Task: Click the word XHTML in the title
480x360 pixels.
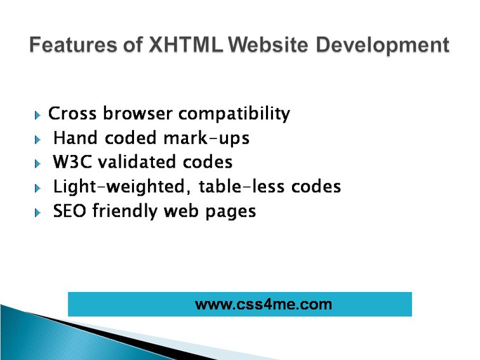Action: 186,44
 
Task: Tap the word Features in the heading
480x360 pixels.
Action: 73,44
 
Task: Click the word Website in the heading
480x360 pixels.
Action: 268,44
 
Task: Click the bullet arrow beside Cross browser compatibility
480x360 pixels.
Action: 37,116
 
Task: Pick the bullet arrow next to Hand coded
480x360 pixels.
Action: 37,140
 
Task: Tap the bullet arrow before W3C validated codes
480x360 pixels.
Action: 37,164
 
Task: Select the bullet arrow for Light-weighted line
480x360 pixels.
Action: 37,189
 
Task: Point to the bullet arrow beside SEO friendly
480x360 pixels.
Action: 37,213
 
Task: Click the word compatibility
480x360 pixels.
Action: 234,114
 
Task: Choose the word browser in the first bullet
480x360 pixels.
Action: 137,113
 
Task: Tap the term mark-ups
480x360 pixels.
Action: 206,138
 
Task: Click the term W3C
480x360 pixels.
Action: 72,162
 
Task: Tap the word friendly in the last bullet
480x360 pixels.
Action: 125,211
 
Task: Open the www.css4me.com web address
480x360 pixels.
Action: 263,304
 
